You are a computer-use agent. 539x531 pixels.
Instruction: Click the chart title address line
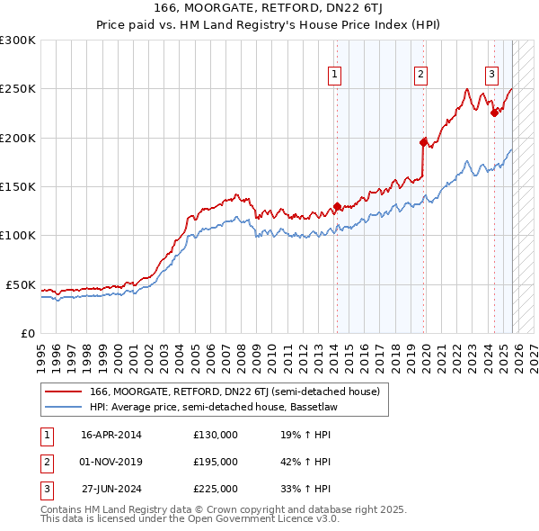pyautogui.click(x=269, y=9)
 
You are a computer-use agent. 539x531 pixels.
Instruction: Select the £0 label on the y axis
pyautogui.click(x=28, y=333)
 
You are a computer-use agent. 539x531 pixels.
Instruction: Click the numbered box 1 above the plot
pyautogui.click(x=334, y=75)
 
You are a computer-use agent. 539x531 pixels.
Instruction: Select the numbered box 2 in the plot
pyautogui.click(x=420, y=75)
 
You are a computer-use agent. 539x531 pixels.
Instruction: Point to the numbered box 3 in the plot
pyautogui.click(x=492, y=75)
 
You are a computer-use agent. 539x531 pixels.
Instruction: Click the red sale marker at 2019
pyautogui.click(x=423, y=141)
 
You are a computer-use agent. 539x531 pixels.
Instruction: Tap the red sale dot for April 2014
pyautogui.click(x=337, y=206)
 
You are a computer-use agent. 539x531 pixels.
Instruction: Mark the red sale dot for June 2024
pyautogui.click(x=494, y=112)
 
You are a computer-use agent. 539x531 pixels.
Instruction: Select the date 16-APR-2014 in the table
pyautogui.click(x=111, y=435)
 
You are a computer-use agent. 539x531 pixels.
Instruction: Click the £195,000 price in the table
pyautogui.click(x=216, y=462)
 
